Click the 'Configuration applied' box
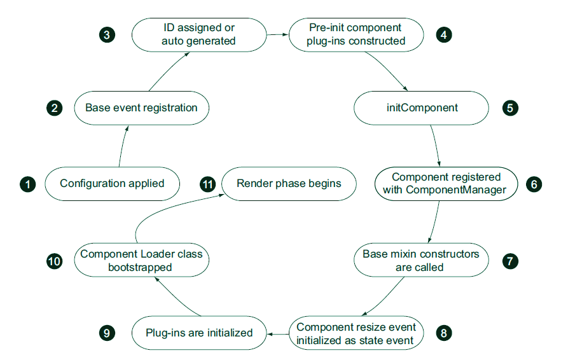click(x=112, y=184)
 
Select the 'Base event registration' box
click(x=141, y=107)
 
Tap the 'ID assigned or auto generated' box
click(x=198, y=34)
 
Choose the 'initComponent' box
click(x=422, y=107)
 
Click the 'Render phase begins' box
click(x=289, y=184)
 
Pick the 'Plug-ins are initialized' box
click(x=199, y=333)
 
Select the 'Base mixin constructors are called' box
click(x=420, y=261)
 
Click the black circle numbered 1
click(x=27, y=184)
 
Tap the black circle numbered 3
click(x=107, y=34)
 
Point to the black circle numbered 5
click(x=510, y=107)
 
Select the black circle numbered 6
click(x=534, y=184)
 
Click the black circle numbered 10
click(x=55, y=261)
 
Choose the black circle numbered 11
click(x=208, y=184)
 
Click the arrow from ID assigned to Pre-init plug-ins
click(x=277, y=34)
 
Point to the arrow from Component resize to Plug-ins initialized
click(x=278, y=333)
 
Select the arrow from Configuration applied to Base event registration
click(x=121, y=146)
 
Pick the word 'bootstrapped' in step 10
click(x=140, y=267)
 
